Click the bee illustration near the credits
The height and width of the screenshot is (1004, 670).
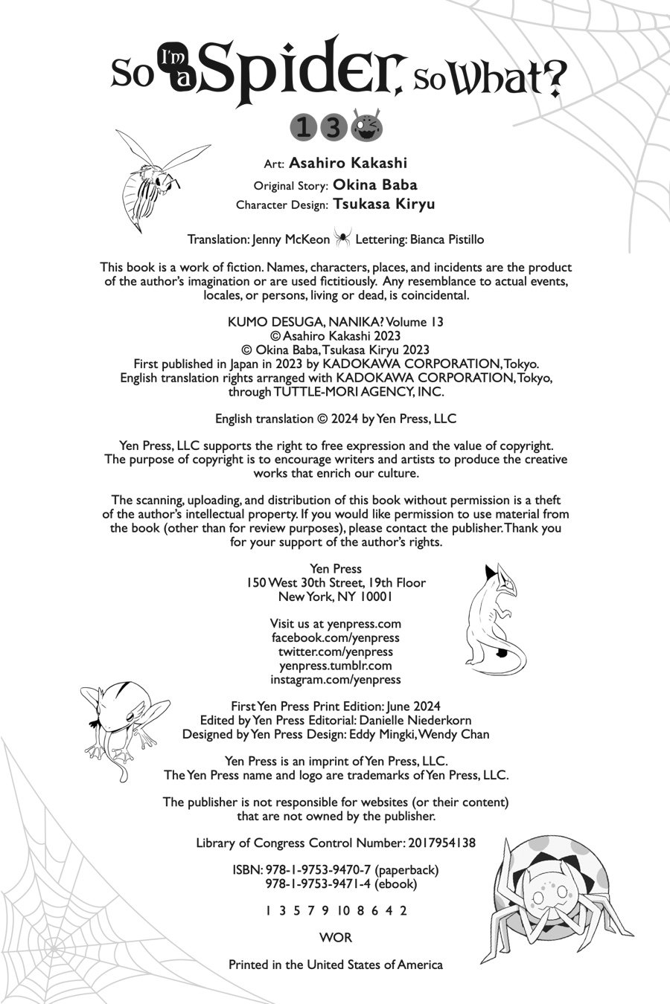click(153, 177)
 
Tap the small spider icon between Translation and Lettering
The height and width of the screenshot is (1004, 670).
click(342, 238)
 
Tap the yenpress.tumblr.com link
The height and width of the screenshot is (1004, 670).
click(335, 666)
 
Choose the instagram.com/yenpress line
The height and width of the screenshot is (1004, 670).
click(335, 679)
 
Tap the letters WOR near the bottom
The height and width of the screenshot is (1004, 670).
click(335, 938)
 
